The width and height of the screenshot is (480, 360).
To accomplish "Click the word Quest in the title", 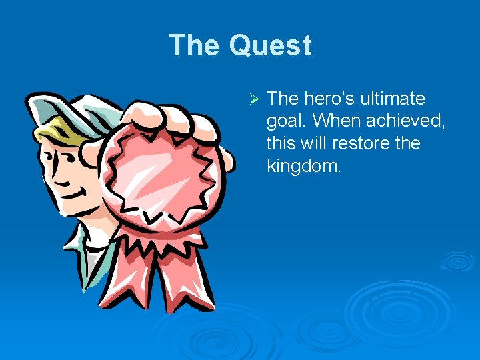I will click(270, 46).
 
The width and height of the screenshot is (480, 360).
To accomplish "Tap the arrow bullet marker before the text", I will click(253, 99).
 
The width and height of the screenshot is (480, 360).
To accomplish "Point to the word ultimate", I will click(393, 99).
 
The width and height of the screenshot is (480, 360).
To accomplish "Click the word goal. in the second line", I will click(287, 121).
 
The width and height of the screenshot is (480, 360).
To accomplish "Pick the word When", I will click(337, 121).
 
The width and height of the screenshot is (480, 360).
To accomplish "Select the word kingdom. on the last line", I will click(303, 165).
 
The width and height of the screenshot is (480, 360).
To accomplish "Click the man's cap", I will click(60, 107).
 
